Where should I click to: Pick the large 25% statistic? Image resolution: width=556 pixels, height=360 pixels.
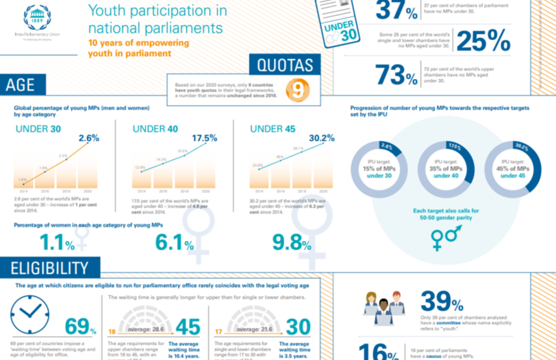[483, 41]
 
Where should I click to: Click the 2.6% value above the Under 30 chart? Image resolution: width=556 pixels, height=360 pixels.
[88, 138]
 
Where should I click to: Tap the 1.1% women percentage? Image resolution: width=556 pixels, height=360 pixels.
[58, 243]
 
